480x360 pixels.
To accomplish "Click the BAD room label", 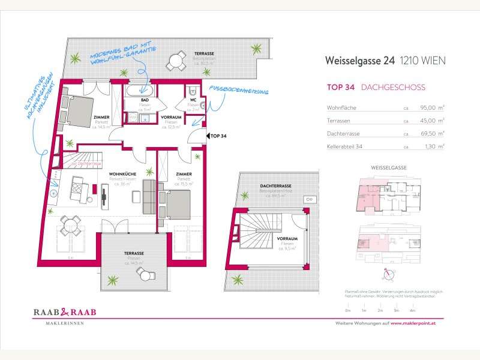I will click(145, 100).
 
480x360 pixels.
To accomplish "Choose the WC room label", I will click(193, 100).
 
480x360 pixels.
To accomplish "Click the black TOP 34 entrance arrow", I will click(207, 136).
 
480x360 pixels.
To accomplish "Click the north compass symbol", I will click(391, 274).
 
